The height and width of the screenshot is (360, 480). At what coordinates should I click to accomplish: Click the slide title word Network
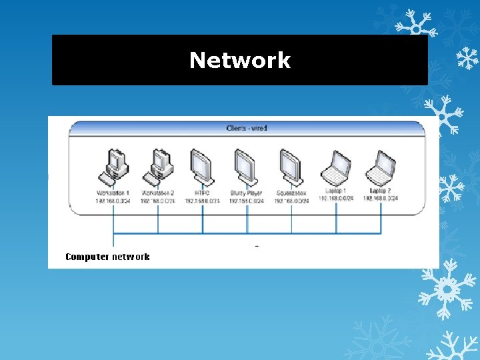coord(240,60)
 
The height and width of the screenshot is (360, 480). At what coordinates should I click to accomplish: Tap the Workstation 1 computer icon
coord(113,167)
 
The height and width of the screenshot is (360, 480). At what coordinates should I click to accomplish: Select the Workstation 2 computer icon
coord(158,167)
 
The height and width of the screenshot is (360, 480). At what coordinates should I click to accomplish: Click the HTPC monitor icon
coord(202,167)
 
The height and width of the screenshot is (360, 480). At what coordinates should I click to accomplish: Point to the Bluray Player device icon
coord(246,167)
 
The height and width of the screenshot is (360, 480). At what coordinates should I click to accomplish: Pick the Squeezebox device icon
coord(291,167)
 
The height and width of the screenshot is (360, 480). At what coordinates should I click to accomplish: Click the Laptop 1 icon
coord(336,168)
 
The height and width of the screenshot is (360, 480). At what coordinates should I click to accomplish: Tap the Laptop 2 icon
coord(380,168)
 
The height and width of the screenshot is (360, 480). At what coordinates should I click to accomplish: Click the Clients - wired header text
coord(247,127)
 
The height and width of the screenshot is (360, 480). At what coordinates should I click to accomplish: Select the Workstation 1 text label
coord(113,193)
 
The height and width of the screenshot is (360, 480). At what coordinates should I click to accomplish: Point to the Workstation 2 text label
coord(158,193)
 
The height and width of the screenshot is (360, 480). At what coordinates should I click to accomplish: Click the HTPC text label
coord(202,193)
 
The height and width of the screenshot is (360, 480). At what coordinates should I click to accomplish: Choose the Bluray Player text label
coord(246,193)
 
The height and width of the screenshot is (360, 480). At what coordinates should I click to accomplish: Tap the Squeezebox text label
coord(291,193)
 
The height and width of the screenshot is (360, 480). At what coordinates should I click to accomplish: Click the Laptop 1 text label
coord(336,191)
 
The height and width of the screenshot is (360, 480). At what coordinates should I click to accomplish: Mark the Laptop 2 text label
coord(380,191)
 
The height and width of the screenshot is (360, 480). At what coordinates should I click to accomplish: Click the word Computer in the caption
coord(87,257)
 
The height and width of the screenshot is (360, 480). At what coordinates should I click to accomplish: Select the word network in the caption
coord(131,257)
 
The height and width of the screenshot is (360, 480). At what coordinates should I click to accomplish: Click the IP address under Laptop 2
coord(380,198)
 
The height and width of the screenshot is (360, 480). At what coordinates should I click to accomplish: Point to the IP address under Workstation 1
coord(113,200)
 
